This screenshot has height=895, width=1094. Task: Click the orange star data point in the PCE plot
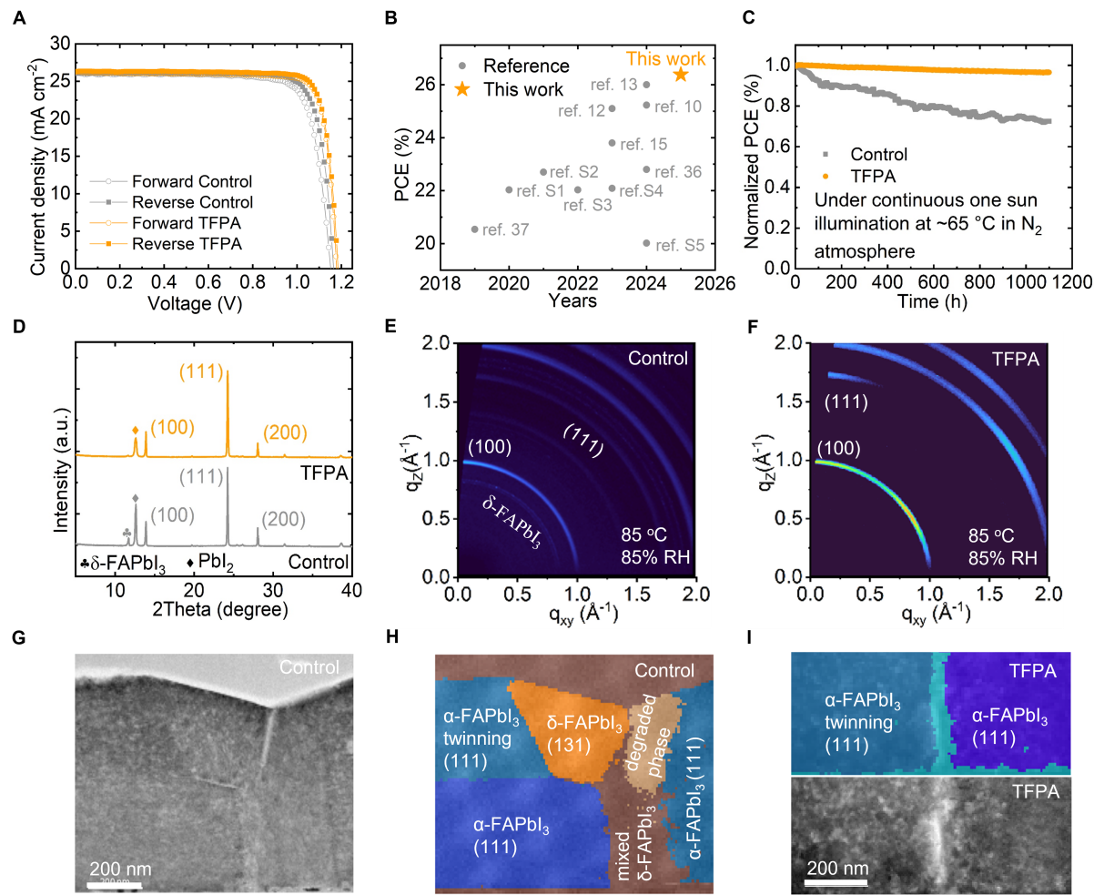[680, 75]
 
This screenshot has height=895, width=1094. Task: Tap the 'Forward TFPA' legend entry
[192, 223]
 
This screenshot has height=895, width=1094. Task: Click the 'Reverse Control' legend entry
[192, 202]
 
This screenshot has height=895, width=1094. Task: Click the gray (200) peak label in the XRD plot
[284, 519]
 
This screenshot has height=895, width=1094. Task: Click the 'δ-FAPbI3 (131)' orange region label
[585, 735]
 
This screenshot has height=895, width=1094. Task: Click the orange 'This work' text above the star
[666, 58]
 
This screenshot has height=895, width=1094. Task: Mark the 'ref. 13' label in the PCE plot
[614, 85]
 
